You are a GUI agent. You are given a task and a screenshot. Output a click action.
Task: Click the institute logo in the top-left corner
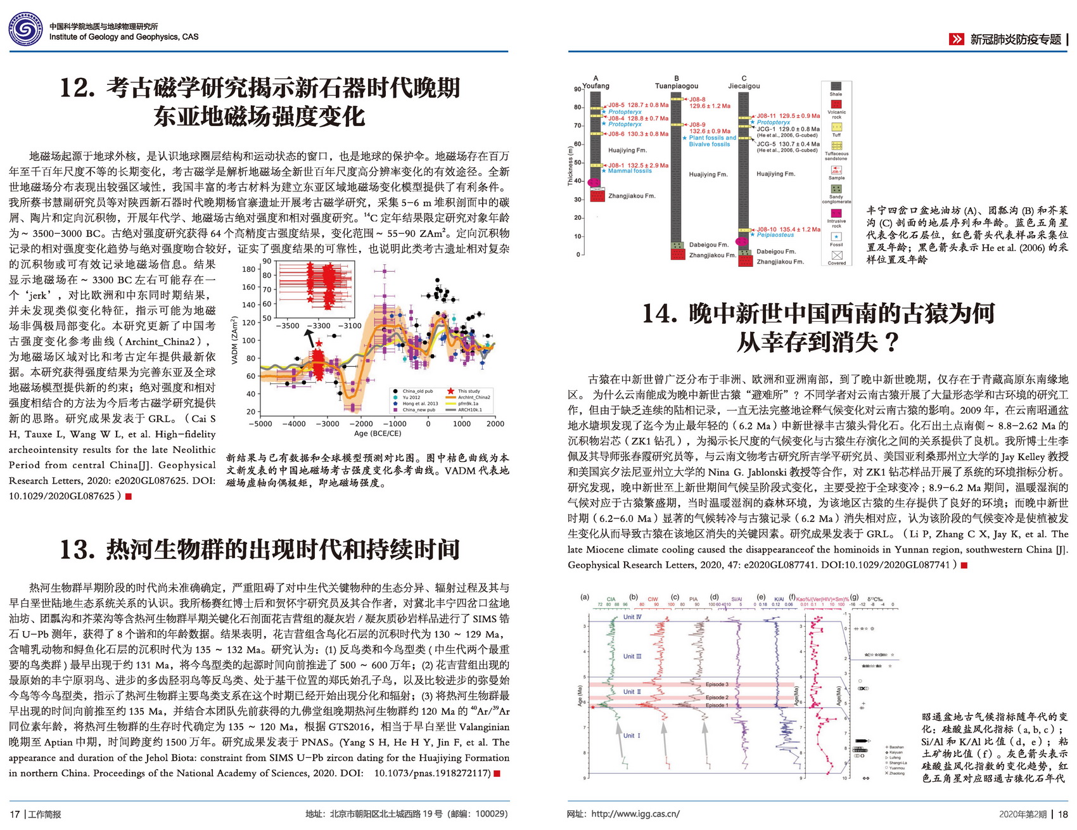[25, 30]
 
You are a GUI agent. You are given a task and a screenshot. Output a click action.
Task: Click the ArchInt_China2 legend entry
[473, 397]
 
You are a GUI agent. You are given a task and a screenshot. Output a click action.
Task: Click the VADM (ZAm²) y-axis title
[234, 340]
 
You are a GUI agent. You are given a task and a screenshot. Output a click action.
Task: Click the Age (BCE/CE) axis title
[378, 433]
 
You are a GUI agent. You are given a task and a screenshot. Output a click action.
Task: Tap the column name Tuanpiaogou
[676, 86]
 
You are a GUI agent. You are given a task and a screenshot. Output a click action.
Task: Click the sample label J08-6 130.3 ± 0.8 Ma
[638, 134]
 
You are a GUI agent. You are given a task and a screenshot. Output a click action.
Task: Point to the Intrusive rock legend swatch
[836, 214]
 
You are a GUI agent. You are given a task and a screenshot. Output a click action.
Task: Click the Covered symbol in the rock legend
[836, 255]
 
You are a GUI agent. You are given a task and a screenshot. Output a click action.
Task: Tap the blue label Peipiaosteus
[775, 235]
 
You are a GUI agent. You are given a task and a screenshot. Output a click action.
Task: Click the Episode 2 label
[717, 698]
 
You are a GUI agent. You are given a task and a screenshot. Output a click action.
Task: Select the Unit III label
[632, 656]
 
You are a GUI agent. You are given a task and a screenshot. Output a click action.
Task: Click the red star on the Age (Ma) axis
[592, 706]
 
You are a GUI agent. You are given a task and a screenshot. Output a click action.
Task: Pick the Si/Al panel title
[736, 599]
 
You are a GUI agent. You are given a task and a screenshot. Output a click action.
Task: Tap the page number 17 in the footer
[15, 814]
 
